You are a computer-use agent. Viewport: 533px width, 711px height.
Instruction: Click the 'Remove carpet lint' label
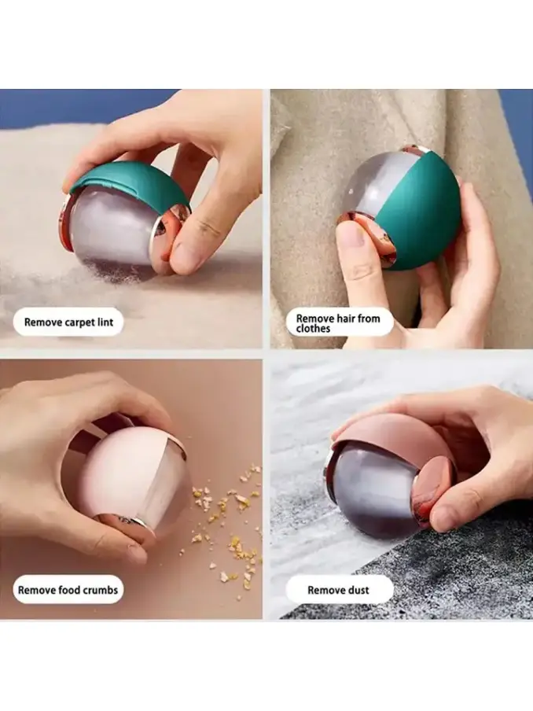(x=68, y=322)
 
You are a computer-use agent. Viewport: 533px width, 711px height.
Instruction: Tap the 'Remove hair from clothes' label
(x=338, y=323)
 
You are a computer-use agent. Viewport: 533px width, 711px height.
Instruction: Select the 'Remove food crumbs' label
(x=68, y=590)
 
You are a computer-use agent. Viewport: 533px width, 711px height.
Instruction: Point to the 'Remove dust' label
(x=338, y=590)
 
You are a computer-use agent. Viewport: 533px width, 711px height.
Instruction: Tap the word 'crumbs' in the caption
(x=99, y=590)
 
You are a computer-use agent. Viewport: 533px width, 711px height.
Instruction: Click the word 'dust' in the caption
(x=358, y=590)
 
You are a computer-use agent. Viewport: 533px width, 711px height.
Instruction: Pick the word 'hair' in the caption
(x=345, y=319)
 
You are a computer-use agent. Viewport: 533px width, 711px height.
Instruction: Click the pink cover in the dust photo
(x=390, y=440)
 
